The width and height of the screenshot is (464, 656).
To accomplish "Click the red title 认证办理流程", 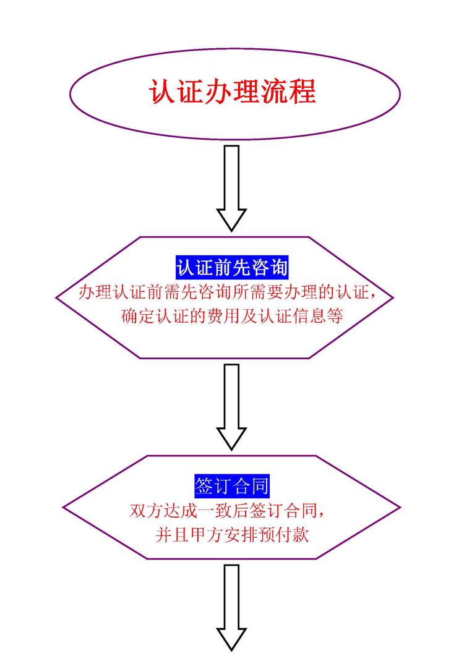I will [232, 92].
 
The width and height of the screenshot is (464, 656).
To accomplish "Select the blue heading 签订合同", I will [231, 486].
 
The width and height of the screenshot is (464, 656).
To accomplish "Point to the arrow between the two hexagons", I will [231, 406].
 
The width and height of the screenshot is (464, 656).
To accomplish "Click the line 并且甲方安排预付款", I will [232, 535].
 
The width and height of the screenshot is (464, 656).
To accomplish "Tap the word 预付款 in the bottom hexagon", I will [286, 535].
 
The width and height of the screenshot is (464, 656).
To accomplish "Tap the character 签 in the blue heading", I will [204, 486].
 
